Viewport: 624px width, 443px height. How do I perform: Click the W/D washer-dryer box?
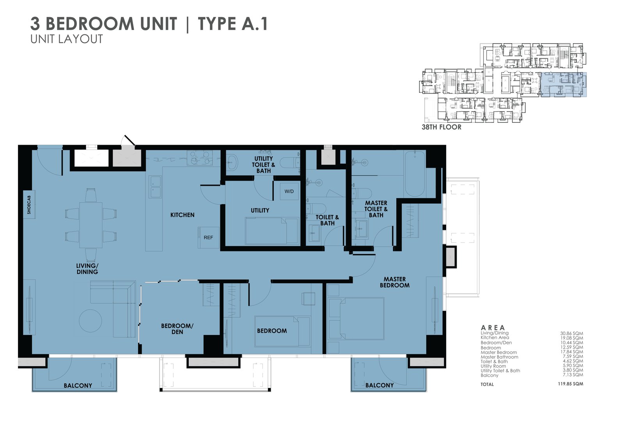pos(289,191)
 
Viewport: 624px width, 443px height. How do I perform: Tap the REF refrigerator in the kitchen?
pos(208,237)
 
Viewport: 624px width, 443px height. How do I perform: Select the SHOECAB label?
pos(29,205)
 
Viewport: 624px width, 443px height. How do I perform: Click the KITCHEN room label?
pos(182,215)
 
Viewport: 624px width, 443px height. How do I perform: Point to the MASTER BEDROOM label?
pos(395,282)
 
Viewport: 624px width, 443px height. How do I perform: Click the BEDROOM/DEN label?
pos(177,329)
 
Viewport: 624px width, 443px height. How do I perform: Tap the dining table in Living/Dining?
pos(91,225)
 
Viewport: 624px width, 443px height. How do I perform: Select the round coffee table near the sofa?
pos(90,321)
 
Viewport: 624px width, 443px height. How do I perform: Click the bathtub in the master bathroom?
pos(415,174)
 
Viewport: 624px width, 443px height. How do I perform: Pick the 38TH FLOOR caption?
pos(441,127)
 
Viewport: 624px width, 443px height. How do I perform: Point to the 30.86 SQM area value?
pos(571,333)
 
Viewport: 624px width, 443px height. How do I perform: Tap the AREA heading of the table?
pos(493,328)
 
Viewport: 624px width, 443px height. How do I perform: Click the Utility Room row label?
pos(493,366)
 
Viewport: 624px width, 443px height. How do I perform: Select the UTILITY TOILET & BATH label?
pos(264,165)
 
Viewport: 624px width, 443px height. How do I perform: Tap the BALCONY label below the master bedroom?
pos(379,385)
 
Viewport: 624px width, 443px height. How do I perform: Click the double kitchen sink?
pos(155,187)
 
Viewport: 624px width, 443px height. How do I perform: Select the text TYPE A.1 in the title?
pos(233,24)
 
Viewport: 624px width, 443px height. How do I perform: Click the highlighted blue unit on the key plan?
pos(564,85)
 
